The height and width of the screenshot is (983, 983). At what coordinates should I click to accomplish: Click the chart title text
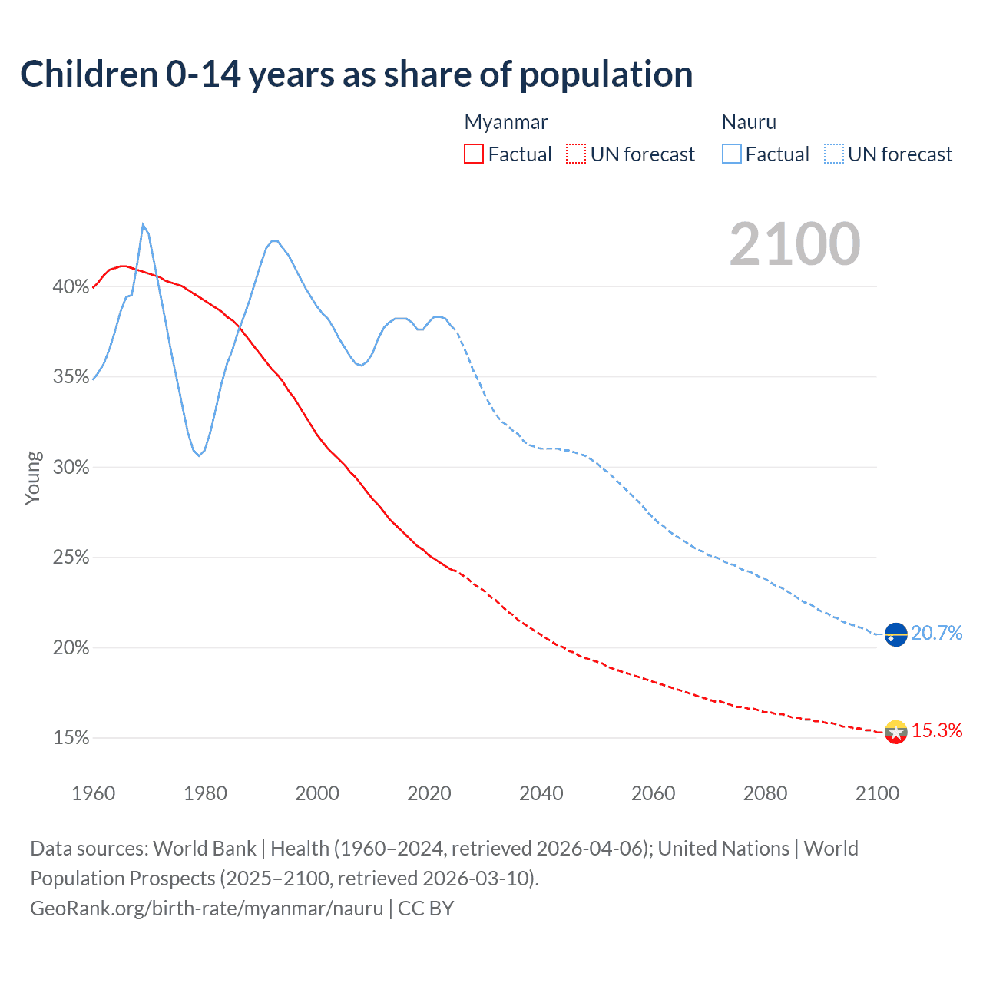click(356, 74)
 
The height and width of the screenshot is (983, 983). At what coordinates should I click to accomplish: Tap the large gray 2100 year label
click(795, 244)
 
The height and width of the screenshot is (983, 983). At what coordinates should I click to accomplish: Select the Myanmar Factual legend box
click(474, 154)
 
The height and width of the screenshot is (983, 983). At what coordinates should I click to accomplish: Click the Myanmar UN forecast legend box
click(576, 154)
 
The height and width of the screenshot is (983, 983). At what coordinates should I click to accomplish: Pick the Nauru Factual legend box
click(731, 154)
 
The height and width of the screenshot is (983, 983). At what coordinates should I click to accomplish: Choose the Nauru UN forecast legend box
click(833, 154)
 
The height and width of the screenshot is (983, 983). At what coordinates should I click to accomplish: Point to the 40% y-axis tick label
click(71, 287)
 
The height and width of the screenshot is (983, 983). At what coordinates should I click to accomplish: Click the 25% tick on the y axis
click(71, 558)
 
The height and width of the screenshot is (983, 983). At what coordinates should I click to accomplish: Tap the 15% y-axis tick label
click(71, 738)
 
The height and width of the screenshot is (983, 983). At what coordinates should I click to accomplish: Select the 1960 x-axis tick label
click(93, 793)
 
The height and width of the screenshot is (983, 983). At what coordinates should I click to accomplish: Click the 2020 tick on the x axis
click(429, 793)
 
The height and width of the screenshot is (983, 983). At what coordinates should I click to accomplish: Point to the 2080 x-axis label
click(765, 793)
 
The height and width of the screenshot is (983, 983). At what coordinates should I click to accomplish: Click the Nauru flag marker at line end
click(895, 634)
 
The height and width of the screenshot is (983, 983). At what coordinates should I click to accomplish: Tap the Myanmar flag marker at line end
click(895, 732)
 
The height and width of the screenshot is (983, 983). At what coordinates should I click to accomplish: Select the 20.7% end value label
click(937, 633)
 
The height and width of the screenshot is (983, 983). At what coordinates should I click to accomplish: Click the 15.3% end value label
click(937, 730)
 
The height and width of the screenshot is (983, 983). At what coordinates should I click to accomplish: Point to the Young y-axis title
click(32, 478)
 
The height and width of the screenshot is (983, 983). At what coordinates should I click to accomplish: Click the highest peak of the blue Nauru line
click(143, 224)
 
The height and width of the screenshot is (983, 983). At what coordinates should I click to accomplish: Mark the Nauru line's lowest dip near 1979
click(199, 455)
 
